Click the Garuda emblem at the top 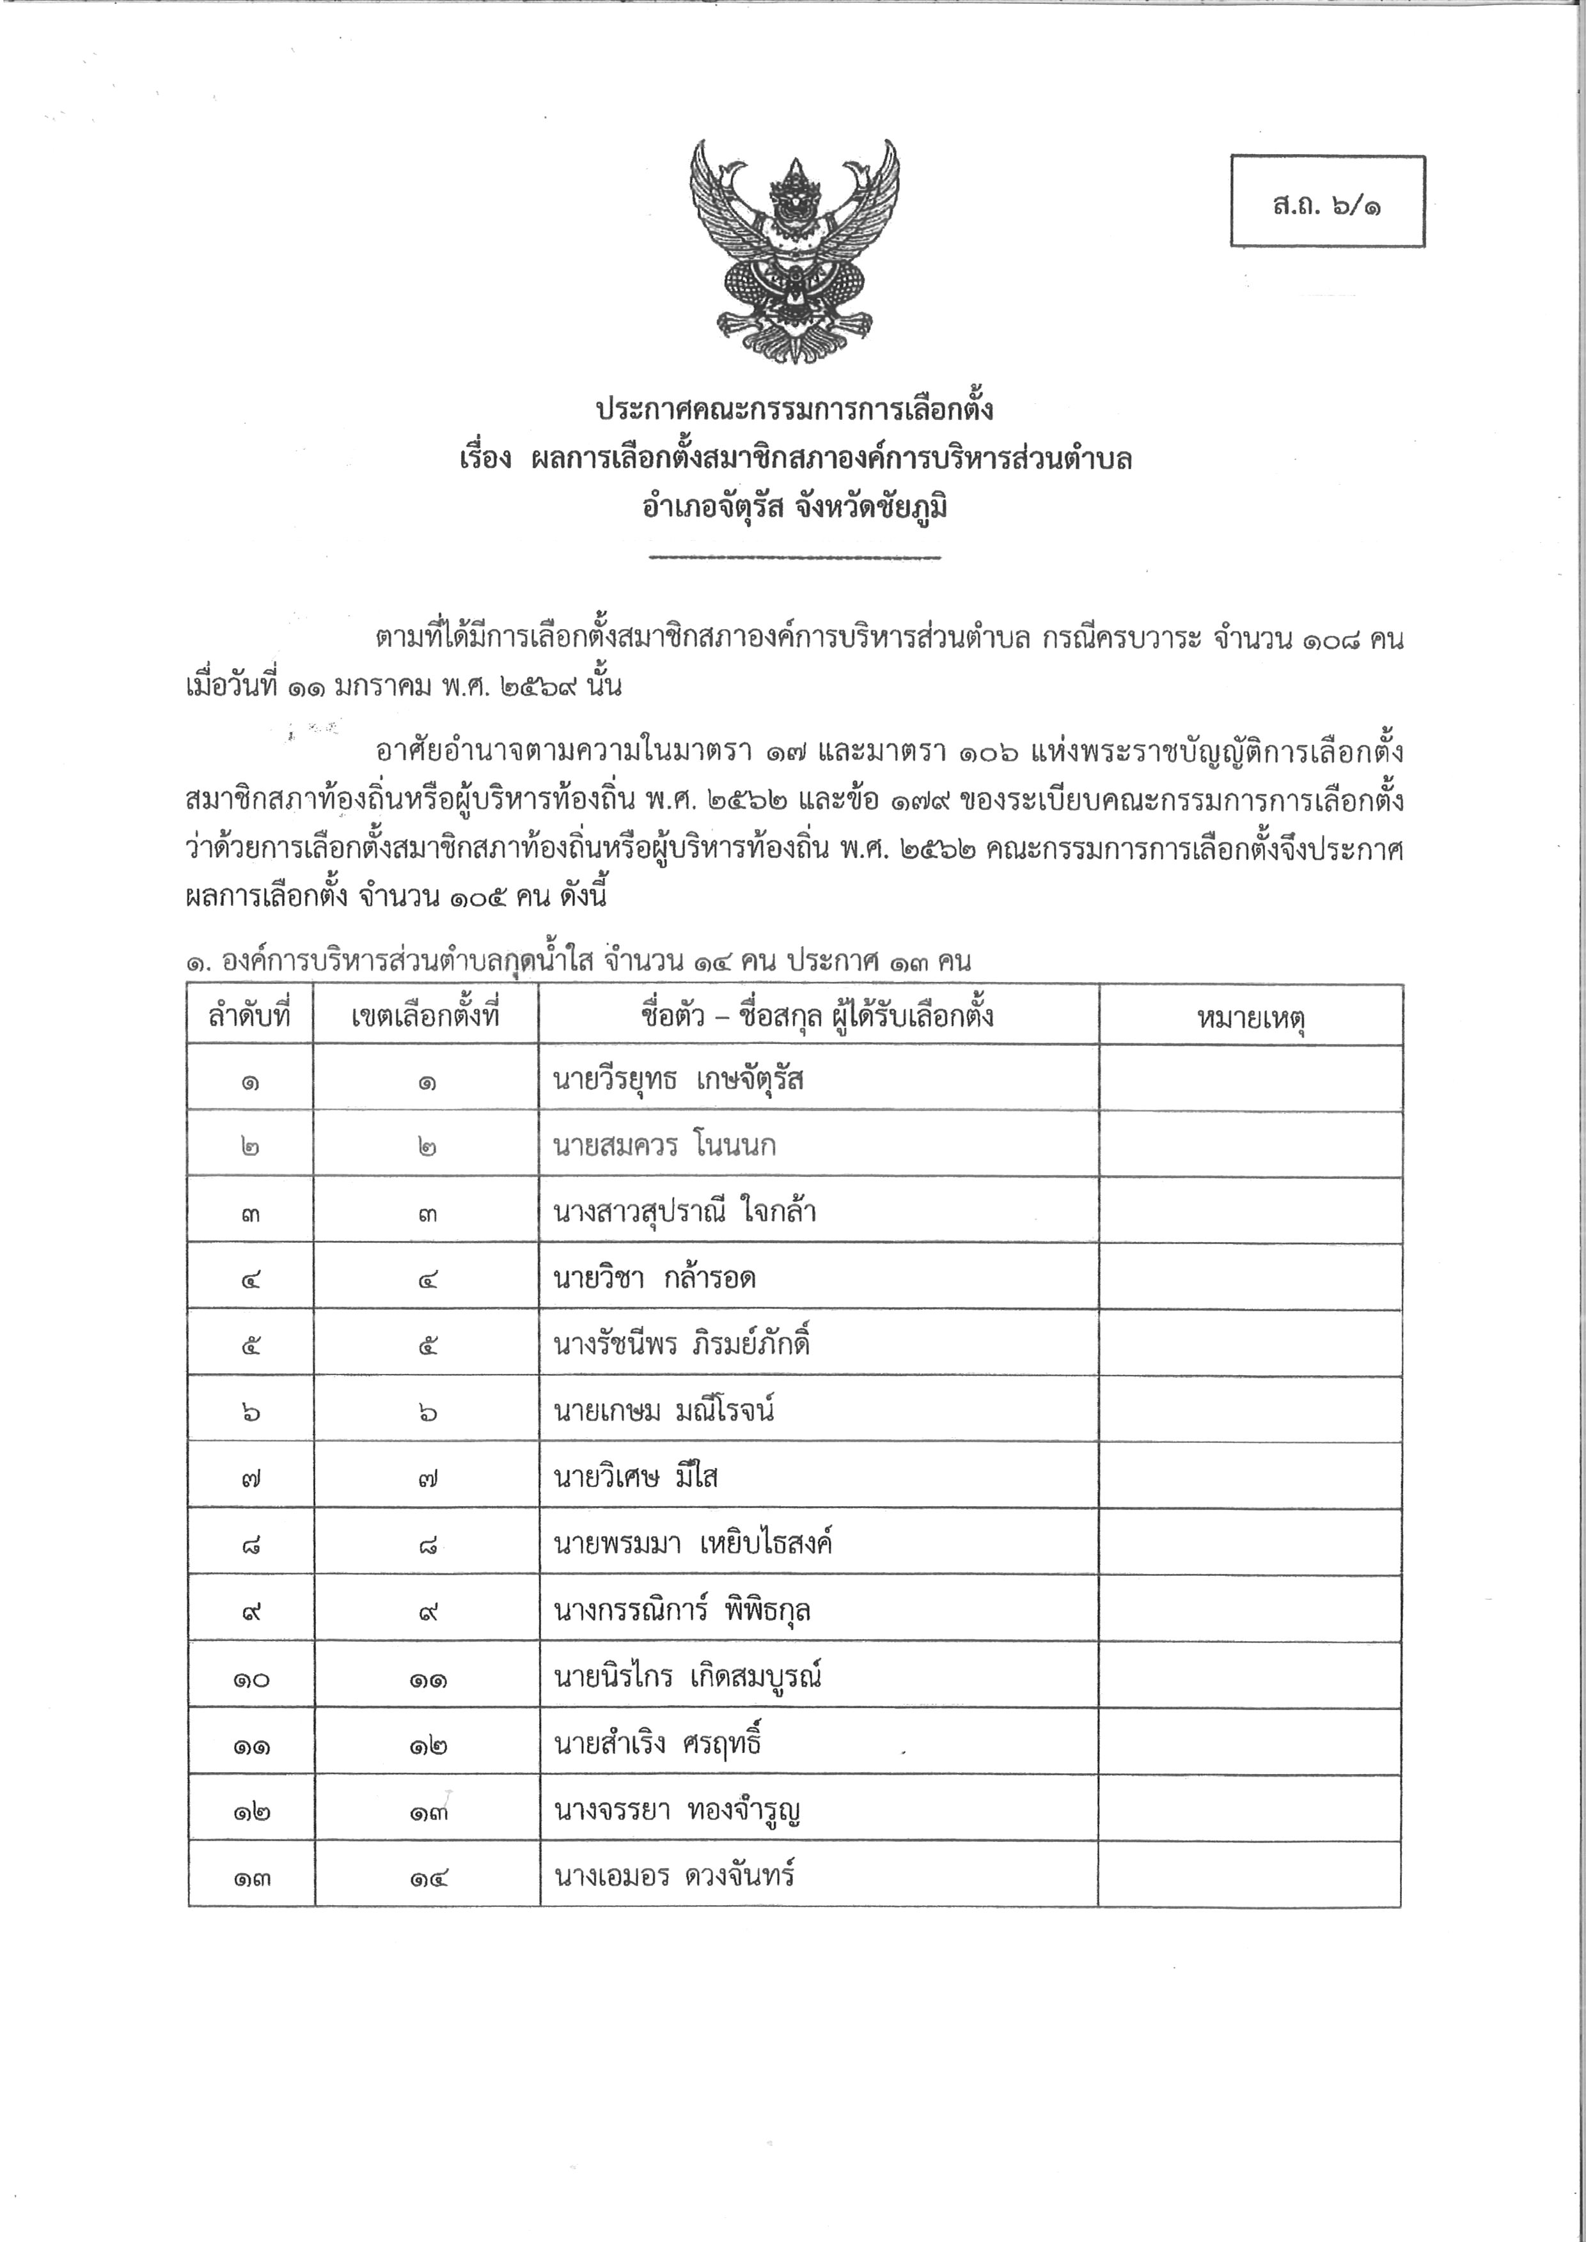(794, 252)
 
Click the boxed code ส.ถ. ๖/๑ (1326, 203)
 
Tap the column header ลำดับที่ (250, 1016)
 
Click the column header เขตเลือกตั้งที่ (426, 1016)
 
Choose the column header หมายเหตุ (1250, 1018)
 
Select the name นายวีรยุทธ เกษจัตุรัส (678, 1080)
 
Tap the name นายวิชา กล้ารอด (654, 1278)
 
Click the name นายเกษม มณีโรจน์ (664, 1411)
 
